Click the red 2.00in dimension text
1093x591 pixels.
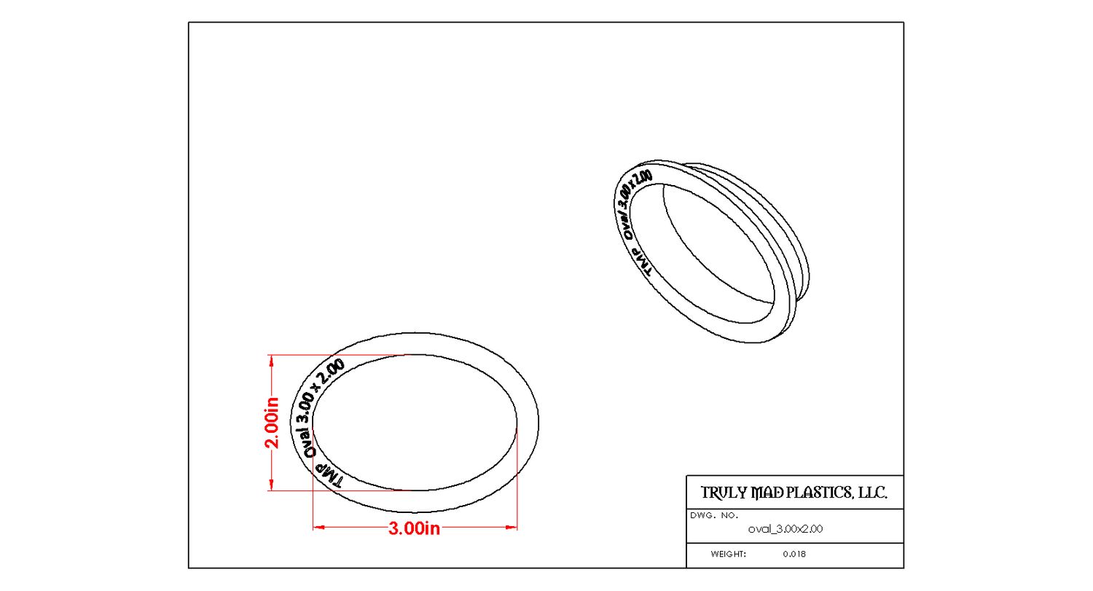[x=272, y=423]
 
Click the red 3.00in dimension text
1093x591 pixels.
[x=414, y=528]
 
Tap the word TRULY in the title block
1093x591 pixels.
[x=725, y=493]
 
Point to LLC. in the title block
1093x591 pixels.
[x=871, y=493]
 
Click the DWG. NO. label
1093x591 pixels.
[x=714, y=516]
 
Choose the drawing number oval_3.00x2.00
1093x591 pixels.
[x=786, y=530]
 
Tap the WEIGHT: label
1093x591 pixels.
[x=729, y=555]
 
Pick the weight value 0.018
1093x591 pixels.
[x=794, y=555]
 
